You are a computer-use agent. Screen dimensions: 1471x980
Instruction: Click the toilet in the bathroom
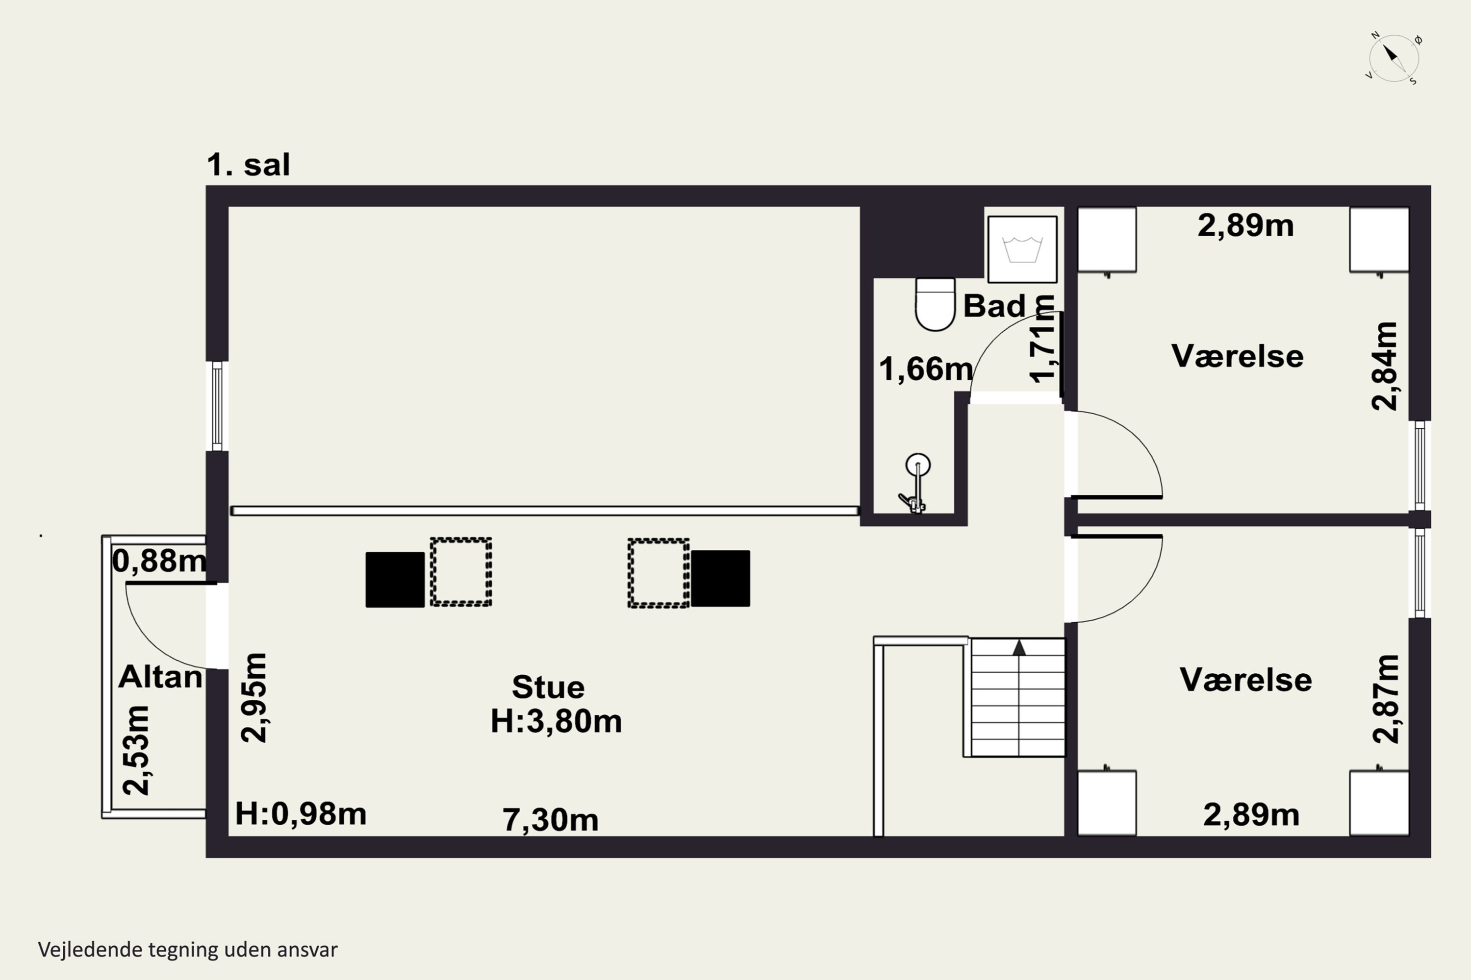(935, 304)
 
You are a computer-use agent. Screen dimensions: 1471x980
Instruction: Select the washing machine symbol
(1022, 249)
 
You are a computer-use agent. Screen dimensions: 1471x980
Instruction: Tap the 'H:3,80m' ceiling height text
(556, 721)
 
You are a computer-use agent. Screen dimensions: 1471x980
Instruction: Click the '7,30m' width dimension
(550, 820)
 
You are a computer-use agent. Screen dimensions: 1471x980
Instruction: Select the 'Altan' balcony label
(160, 677)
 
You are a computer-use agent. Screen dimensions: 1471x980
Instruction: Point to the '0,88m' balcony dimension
(159, 561)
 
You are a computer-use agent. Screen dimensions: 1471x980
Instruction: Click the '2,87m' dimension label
(1385, 699)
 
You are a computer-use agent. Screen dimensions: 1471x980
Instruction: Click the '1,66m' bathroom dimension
(926, 369)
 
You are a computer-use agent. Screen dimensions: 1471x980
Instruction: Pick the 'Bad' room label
(994, 306)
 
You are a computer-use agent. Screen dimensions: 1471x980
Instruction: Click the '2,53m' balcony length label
(136, 751)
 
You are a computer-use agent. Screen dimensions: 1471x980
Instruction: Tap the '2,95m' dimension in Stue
(254, 697)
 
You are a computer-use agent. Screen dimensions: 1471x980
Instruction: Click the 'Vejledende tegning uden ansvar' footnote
(188, 950)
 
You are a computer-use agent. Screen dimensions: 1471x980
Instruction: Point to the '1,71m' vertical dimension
(1042, 338)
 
